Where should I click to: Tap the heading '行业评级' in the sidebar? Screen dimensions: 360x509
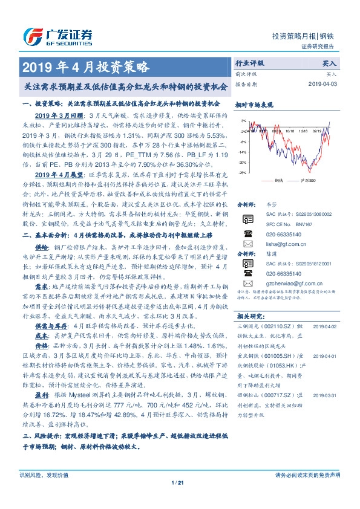[x=249, y=62]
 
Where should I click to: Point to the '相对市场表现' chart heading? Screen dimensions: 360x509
[x=253, y=105]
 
